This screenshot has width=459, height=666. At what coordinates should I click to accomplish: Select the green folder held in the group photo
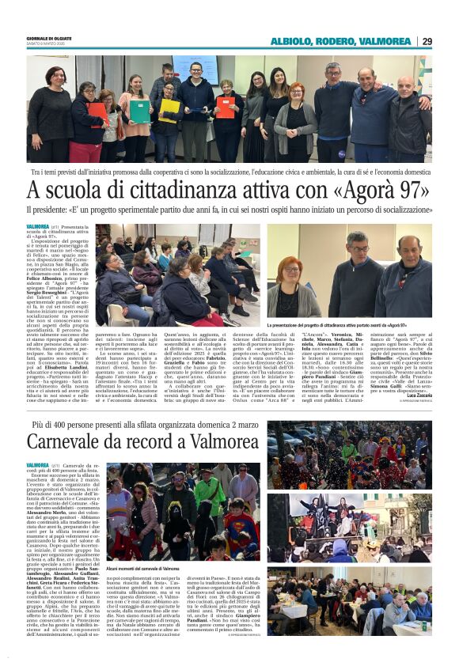(x=140, y=110)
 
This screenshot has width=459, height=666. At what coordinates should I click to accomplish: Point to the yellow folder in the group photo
(x=169, y=109)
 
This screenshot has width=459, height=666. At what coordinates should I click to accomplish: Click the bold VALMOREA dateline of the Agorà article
(x=38, y=226)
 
